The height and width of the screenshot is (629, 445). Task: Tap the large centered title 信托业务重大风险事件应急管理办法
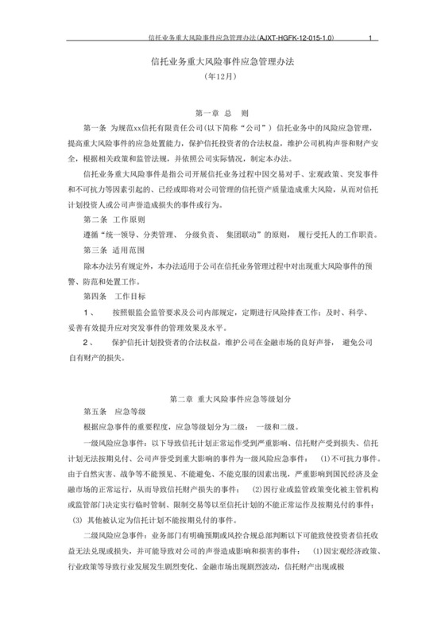pyautogui.click(x=222, y=61)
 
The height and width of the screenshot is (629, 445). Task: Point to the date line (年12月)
pyautogui.click(x=222, y=78)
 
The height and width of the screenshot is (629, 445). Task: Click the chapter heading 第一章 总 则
pyautogui.click(x=222, y=114)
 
